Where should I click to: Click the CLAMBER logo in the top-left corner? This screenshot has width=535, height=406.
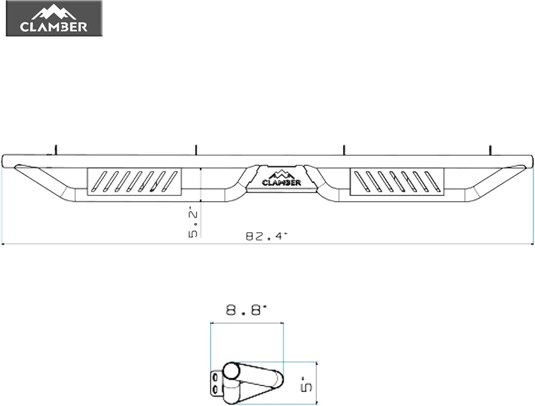pos(54,19)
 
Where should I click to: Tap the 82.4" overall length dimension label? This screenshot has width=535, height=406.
pos(267,236)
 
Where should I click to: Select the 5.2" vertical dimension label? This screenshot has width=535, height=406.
pos(193,224)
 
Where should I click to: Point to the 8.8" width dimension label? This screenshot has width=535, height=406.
pos(246,310)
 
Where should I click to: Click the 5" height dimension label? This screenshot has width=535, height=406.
pos(307,384)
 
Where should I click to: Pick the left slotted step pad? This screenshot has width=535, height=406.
pos(134,182)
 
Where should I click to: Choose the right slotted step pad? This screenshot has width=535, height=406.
pos(397,182)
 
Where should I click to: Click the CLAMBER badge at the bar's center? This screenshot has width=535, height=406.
pos(281,178)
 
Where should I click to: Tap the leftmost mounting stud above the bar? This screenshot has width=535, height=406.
pos(55,150)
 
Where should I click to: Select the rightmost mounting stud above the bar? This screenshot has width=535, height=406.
pos(491,150)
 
